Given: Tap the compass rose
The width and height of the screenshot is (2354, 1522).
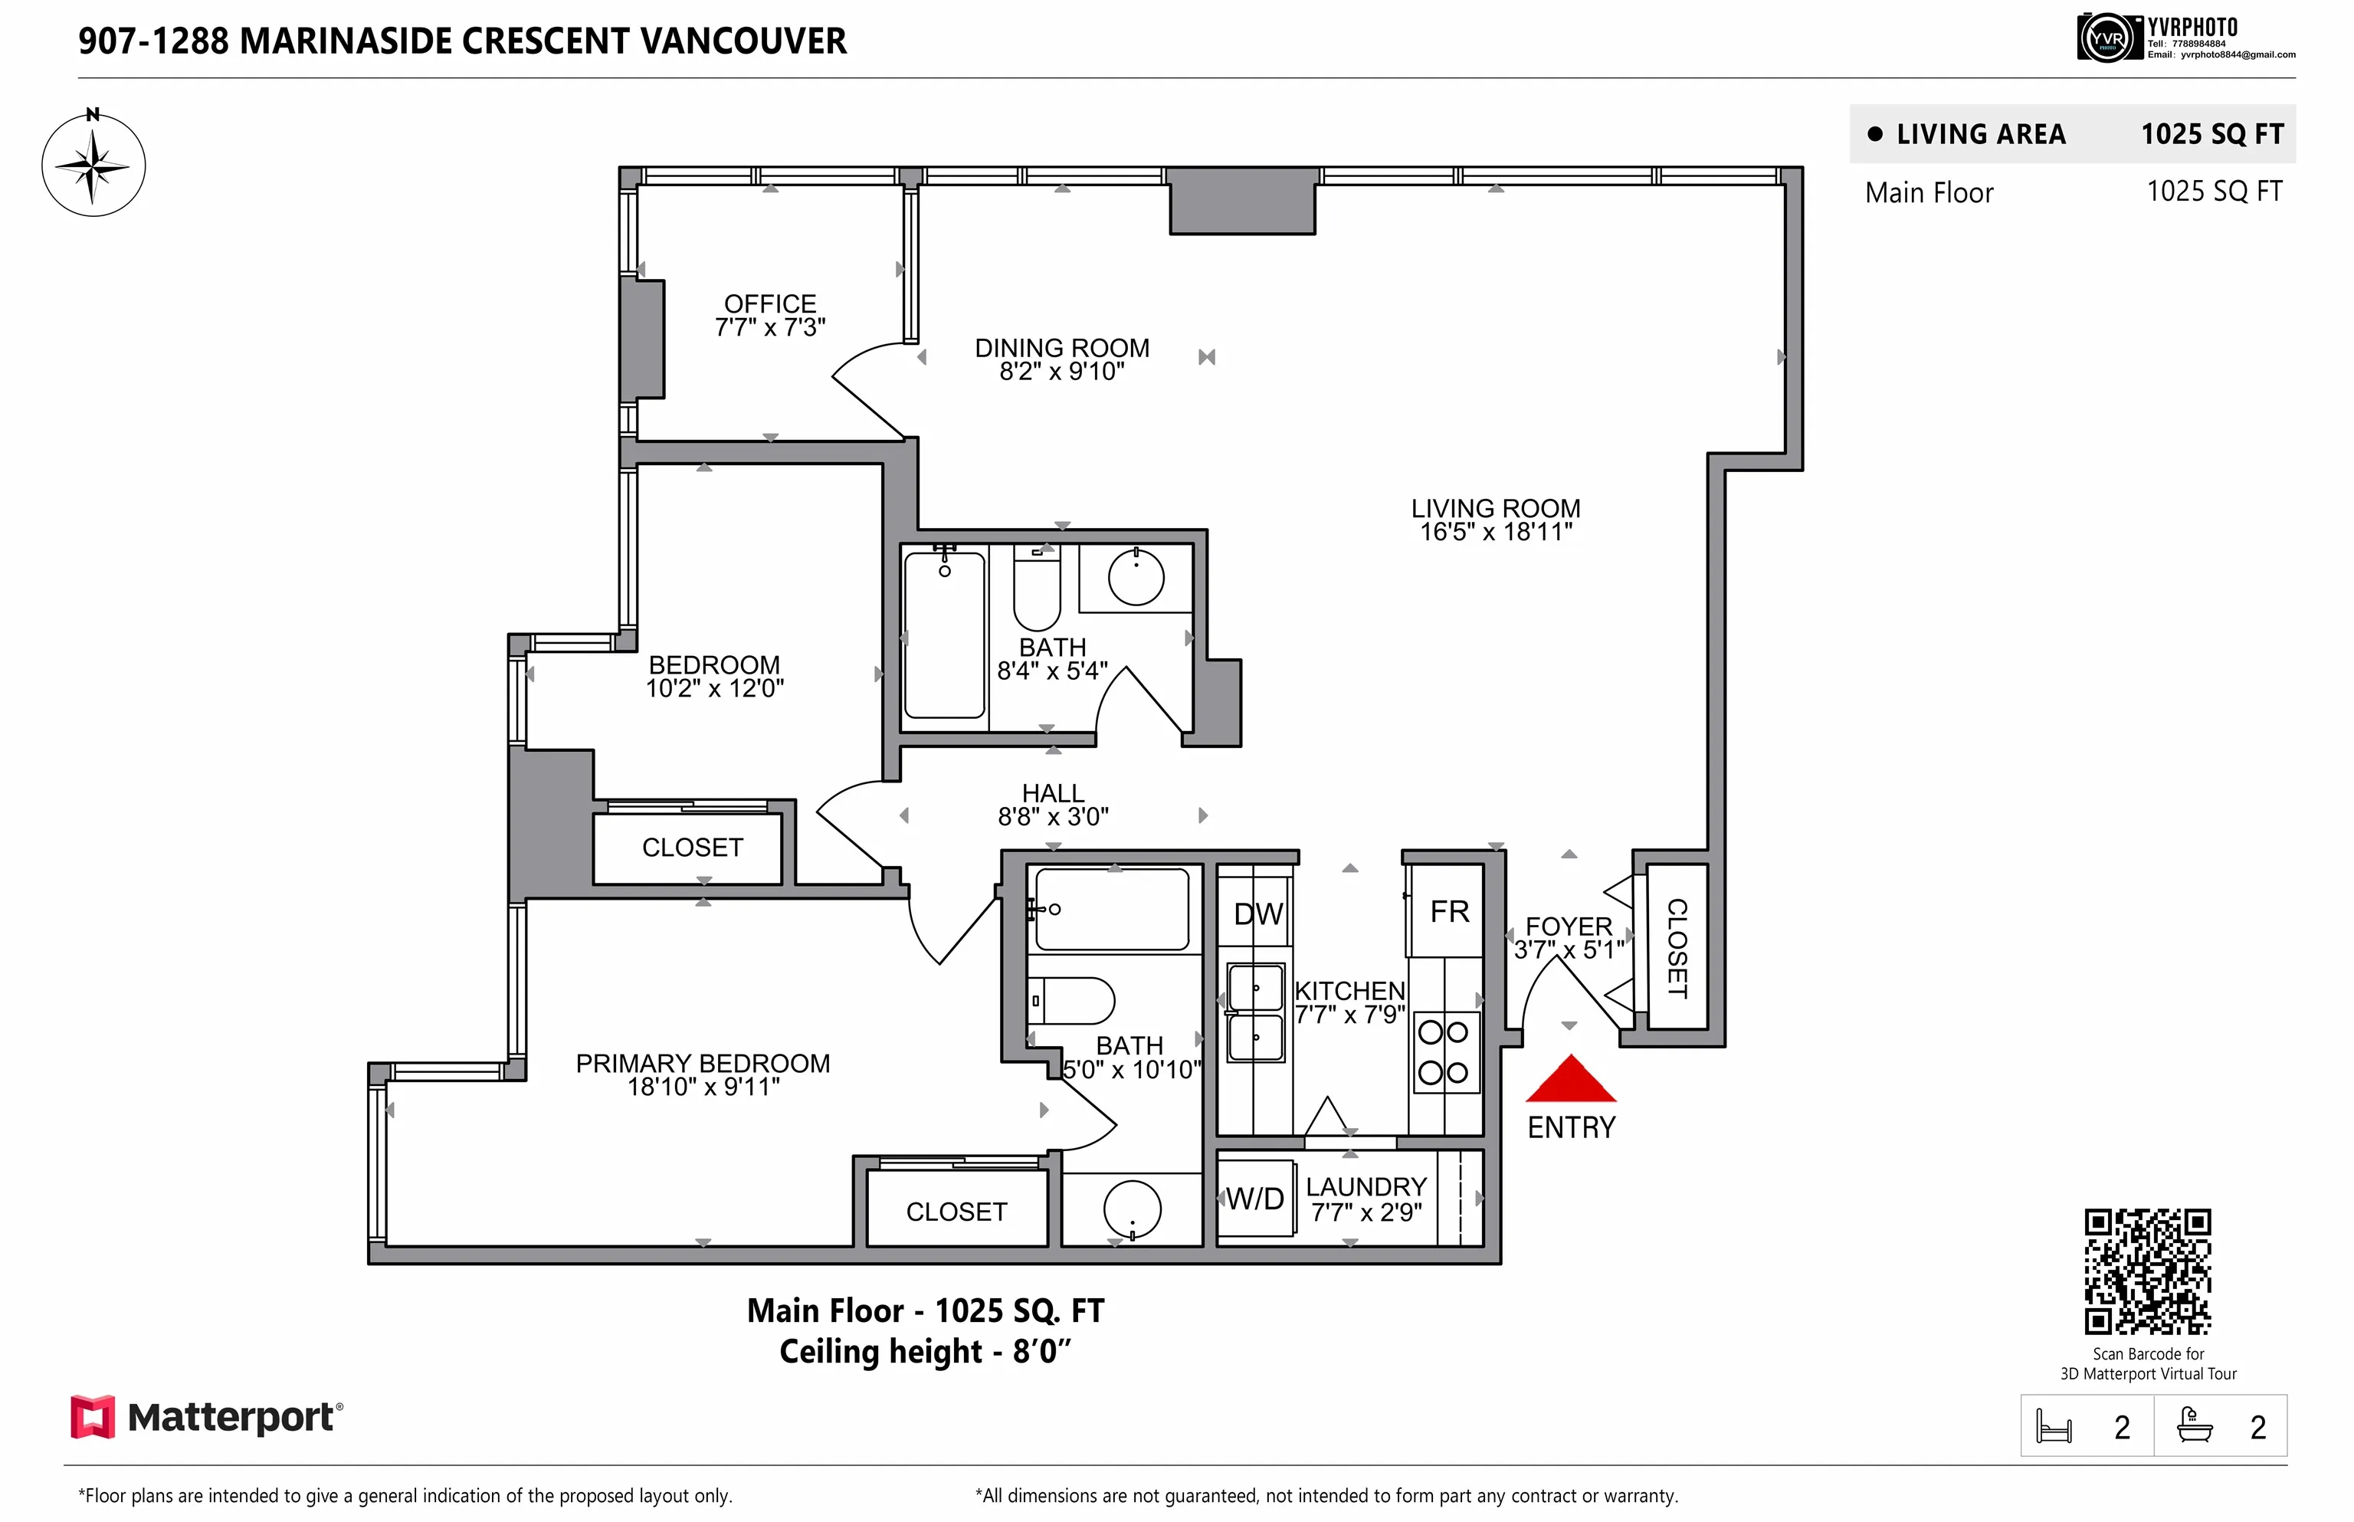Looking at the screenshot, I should click(93, 165).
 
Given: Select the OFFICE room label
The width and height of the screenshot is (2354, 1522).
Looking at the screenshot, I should click(770, 303).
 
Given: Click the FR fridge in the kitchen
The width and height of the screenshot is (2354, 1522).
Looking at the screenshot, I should click(1449, 911).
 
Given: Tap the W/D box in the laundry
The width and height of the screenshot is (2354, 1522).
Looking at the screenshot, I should click(1255, 1199).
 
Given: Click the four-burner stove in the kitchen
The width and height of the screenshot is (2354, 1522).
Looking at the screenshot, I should click(1443, 1052).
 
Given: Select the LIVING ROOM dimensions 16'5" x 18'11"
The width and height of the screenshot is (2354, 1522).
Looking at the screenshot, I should click(1495, 533).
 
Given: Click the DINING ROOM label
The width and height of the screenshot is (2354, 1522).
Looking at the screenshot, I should click(1061, 348).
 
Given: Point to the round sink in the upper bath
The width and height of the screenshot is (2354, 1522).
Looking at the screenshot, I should click(1136, 578).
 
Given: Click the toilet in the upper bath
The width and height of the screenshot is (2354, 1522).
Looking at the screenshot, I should click(1037, 593).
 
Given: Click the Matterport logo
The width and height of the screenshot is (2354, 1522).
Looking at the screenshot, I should click(205, 1416).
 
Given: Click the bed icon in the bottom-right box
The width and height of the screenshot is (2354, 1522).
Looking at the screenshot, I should click(2054, 1427).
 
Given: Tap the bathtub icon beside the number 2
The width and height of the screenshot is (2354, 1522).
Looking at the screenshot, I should click(2194, 1426).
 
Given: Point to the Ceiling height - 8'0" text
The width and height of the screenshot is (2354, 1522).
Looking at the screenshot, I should click(925, 1351).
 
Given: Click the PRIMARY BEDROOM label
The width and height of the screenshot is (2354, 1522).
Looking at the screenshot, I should click(703, 1064).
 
